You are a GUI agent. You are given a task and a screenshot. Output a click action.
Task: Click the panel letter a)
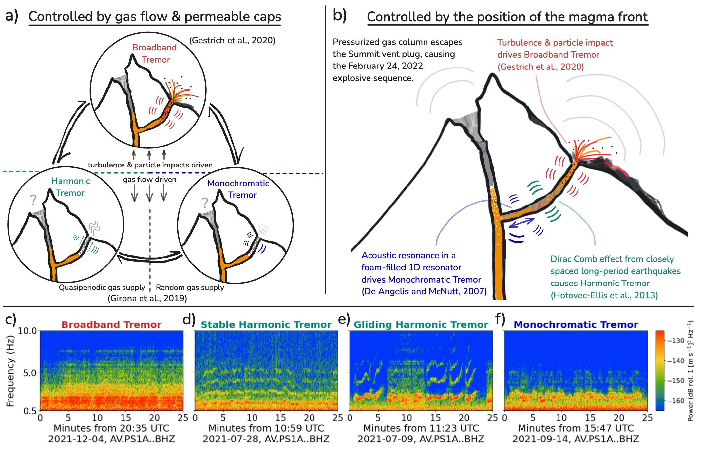12,15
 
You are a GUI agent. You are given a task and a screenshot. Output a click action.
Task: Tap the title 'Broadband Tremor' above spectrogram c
111,324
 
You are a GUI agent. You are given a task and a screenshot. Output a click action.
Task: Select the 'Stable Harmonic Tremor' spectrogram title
266,324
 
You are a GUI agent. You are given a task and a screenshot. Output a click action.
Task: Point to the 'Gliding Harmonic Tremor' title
421,324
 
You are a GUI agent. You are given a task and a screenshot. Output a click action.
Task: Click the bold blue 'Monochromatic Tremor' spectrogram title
576,324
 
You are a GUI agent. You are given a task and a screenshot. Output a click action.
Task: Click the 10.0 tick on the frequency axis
27,331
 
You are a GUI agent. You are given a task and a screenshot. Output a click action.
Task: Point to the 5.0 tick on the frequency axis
30,373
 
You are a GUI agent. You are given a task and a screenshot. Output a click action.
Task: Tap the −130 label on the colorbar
675,341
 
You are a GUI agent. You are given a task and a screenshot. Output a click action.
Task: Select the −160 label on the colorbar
675,401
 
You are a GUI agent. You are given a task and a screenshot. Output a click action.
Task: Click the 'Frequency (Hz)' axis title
10,371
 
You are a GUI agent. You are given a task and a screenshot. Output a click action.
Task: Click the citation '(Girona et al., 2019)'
147,298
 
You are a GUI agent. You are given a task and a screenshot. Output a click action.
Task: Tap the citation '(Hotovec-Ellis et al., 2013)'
604,295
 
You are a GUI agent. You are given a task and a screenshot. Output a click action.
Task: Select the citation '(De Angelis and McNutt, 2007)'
424,291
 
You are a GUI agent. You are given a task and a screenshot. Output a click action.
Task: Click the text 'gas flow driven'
150,179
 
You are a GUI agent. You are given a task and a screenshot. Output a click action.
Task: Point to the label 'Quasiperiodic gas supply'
102,287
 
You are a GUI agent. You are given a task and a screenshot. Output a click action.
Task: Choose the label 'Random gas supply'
190,287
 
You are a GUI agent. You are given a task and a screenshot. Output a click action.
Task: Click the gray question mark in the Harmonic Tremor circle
33,200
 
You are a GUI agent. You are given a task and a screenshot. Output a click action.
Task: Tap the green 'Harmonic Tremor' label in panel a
70,187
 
